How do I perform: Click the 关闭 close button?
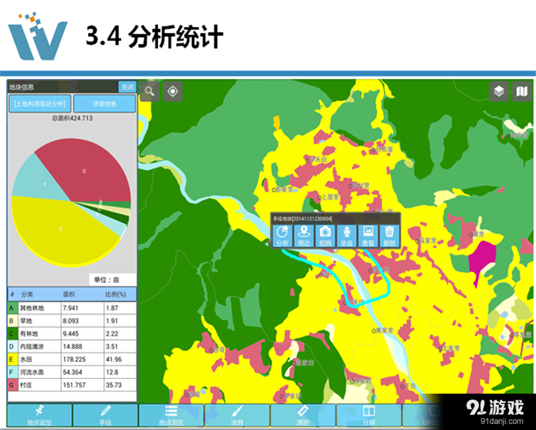[x=127, y=87]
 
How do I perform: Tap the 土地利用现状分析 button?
[x=39, y=104]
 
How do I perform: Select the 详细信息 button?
[x=104, y=104]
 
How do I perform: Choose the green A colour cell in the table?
[x=12, y=308]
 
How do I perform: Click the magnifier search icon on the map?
[x=150, y=91]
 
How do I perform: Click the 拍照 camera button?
[x=325, y=235]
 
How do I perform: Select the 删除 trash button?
[x=390, y=235]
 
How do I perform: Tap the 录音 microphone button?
[x=347, y=235]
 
